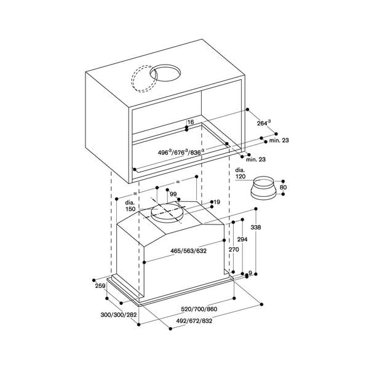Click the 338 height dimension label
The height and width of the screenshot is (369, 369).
pos(256,228)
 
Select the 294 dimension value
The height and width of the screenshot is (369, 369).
pos(242,239)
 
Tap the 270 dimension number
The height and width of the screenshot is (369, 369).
pos(234,250)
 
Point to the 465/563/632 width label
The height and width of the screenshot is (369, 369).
pos(188,251)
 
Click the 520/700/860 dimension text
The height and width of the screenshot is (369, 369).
pos(199,309)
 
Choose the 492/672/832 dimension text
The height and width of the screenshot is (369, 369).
pos(194,321)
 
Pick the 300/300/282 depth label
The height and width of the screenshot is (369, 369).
pos(119,315)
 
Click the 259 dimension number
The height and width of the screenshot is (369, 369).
pos(100,286)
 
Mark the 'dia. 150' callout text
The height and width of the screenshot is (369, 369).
pos(130,206)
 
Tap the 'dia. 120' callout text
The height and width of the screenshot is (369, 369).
pos(240,173)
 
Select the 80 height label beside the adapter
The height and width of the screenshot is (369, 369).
pos(284,188)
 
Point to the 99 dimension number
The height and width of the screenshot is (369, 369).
pos(173,194)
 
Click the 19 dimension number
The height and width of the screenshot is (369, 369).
pos(216,202)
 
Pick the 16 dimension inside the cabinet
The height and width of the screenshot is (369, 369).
pos(191,122)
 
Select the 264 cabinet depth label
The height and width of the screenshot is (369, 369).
pos(264,123)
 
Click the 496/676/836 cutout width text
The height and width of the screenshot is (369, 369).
pos(181,153)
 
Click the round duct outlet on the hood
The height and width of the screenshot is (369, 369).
pos(167,213)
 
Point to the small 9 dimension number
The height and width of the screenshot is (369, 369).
pos(250,273)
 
